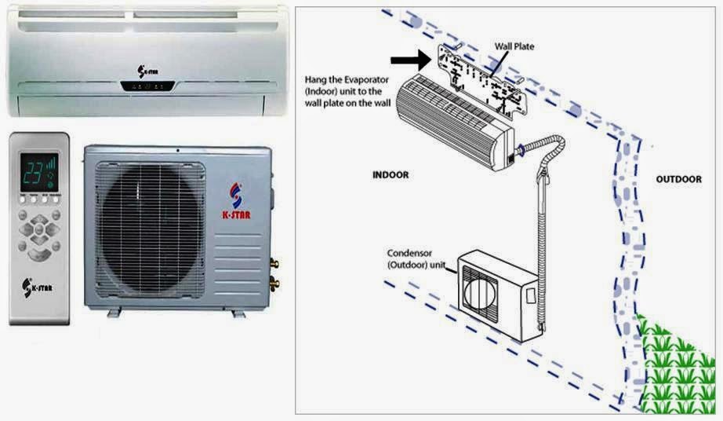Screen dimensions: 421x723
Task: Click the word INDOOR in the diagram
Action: click(391, 174)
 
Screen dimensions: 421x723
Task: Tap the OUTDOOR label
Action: click(678, 180)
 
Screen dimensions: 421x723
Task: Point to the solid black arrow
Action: click(407, 58)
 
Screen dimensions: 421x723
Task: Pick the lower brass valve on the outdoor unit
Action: click(274, 279)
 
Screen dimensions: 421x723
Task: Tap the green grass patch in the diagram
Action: click(678, 361)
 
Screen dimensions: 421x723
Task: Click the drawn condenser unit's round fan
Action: click(480, 288)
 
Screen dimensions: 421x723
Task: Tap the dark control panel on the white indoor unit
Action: click(149, 86)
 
